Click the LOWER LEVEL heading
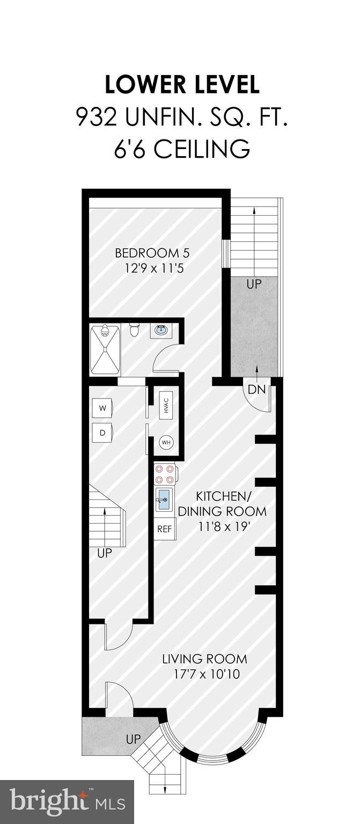pos(182,85)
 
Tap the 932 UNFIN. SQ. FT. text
pos(182,117)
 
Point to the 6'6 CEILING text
pos(182,149)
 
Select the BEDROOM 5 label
pos(152,253)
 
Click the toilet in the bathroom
pos(135,329)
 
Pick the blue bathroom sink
pos(161,330)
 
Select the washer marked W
pos(102,408)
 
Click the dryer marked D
pos(102,432)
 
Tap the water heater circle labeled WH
pos(166,443)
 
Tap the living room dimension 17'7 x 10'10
pos(204,673)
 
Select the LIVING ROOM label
pos(204,658)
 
